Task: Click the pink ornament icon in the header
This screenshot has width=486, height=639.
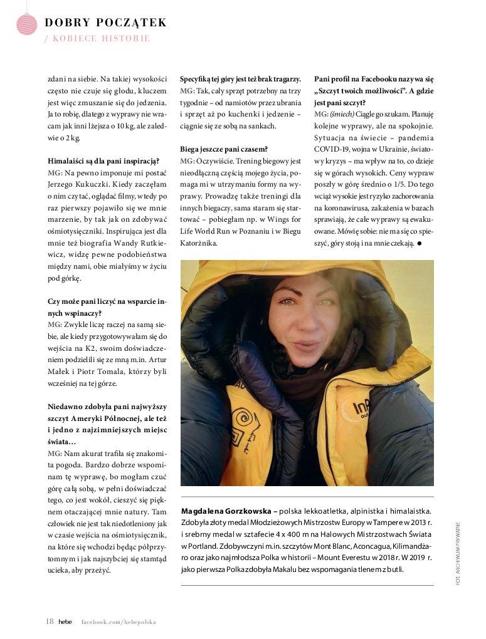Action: pyautogui.click(x=26, y=23)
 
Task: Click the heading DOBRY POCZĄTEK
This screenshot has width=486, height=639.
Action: pyautogui.click(x=105, y=23)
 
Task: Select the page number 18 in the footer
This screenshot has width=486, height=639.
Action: pyautogui.click(x=50, y=621)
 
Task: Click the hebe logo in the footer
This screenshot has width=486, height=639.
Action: pyautogui.click(x=66, y=621)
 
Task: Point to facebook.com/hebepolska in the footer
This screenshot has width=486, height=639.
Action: pyautogui.click(x=118, y=621)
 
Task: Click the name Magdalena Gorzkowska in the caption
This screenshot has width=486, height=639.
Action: pyautogui.click(x=225, y=511)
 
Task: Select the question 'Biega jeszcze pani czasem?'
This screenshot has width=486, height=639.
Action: pyautogui.click(x=224, y=149)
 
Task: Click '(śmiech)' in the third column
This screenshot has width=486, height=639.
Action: pyautogui.click(x=342, y=114)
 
